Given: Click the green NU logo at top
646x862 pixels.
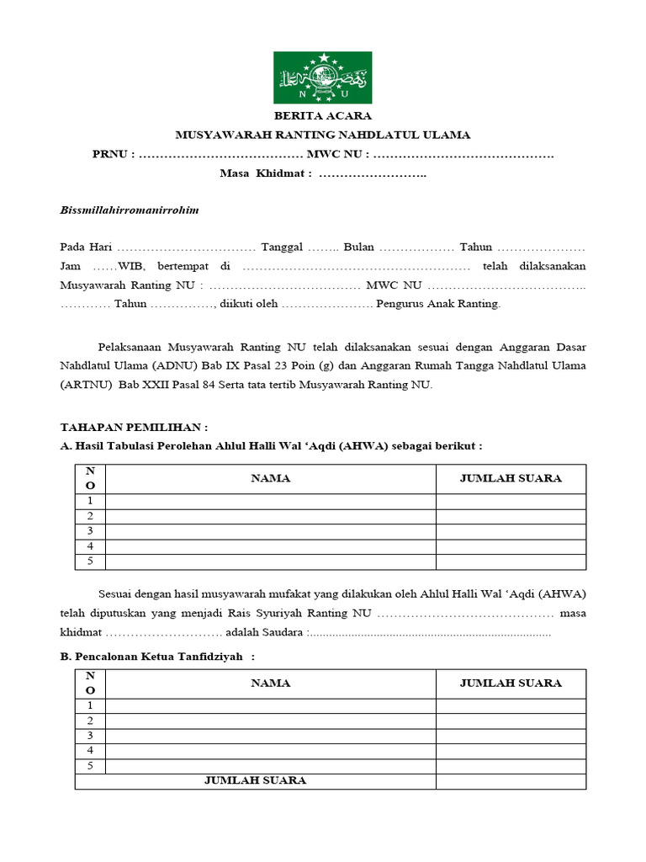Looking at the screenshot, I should pyautogui.click(x=322, y=77).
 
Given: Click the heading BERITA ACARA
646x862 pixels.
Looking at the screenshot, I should pyautogui.click(x=322, y=116).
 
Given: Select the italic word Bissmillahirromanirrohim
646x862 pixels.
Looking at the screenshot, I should pyautogui.click(x=130, y=210).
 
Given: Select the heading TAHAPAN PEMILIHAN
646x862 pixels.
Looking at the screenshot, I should pyautogui.click(x=134, y=427).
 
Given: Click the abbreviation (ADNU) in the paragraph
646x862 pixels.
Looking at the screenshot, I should pyautogui.click(x=176, y=365).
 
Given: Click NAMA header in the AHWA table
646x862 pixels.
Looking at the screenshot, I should pyautogui.click(x=270, y=478).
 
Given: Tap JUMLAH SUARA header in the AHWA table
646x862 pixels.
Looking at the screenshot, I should pyautogui.click(x=511, y=478).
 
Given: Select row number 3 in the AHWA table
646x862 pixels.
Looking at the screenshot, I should pyautogui.click(x=90, y=531).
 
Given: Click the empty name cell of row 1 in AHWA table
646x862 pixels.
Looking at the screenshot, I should pyautogui.click(x=270, y=501).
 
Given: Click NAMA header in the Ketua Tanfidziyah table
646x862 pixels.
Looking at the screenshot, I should pyautogui.click(x=270, y=684).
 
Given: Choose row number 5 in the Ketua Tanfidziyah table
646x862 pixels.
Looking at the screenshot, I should pyautogui.click(x=90, y=766).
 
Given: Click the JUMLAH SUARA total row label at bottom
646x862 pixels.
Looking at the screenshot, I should pyautogui.click(x=255, y=781).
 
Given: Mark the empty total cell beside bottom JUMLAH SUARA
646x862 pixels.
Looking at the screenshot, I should pyautogui.click(x=511, y=781).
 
